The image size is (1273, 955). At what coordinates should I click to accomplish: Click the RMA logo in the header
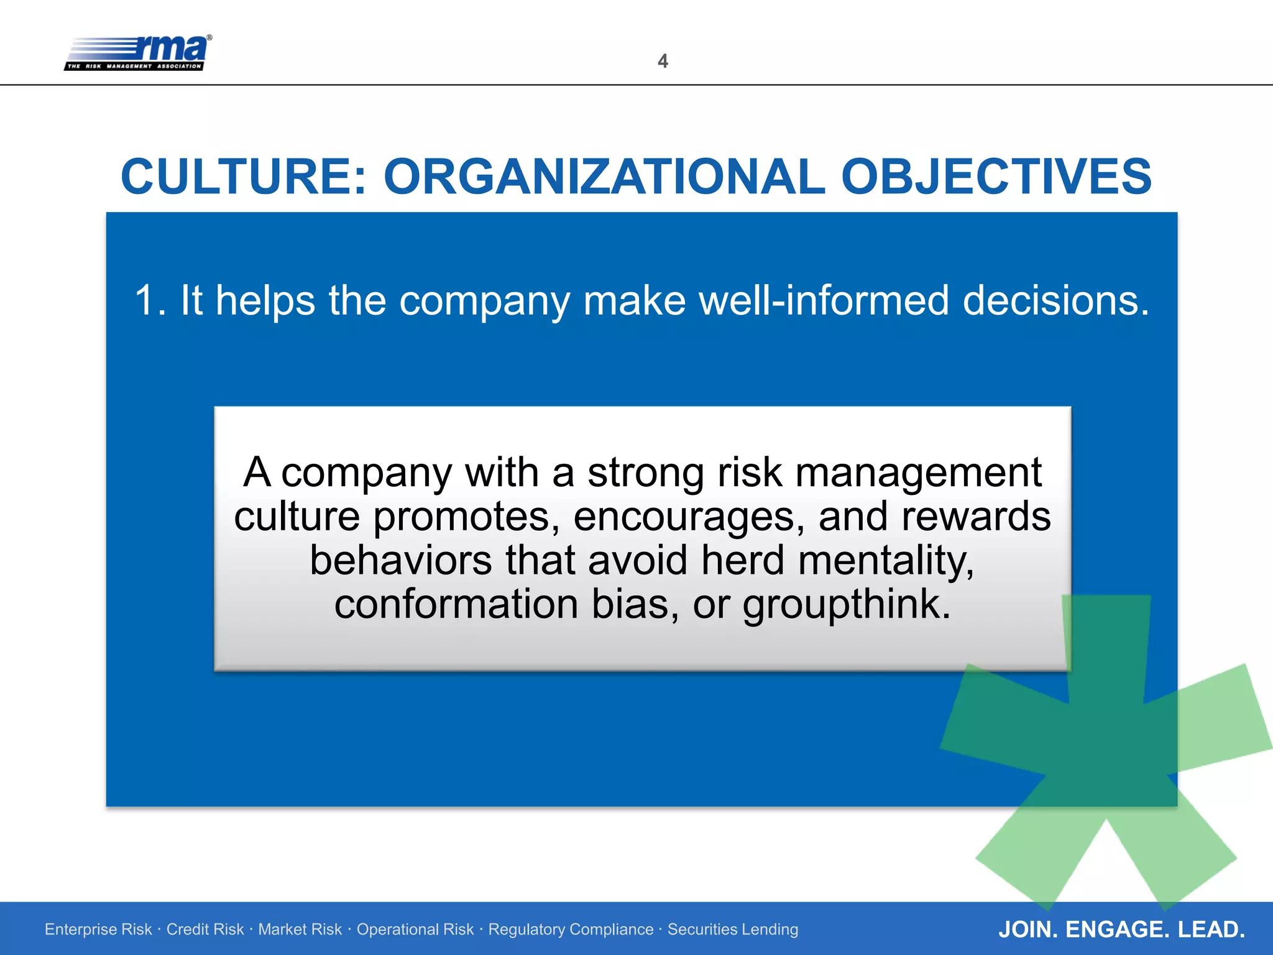[x=138, y=52]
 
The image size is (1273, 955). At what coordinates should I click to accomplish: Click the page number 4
[x=663, y=61]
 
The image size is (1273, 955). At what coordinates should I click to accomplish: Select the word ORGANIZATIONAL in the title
[x=604, y=177]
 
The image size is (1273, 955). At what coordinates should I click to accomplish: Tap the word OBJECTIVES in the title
[x=996, y=177]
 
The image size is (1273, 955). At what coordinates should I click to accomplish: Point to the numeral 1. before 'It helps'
[x=149, y=301]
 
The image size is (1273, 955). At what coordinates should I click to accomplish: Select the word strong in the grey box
[x=646, y=473]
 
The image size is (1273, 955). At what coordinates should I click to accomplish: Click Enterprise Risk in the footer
[x=98, y=930]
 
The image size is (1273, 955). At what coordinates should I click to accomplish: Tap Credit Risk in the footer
[x=205, y=930]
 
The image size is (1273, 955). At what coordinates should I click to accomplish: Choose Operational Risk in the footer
[x=415, y=930]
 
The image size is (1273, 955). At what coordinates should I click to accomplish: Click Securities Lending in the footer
[x=733, y=930]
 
